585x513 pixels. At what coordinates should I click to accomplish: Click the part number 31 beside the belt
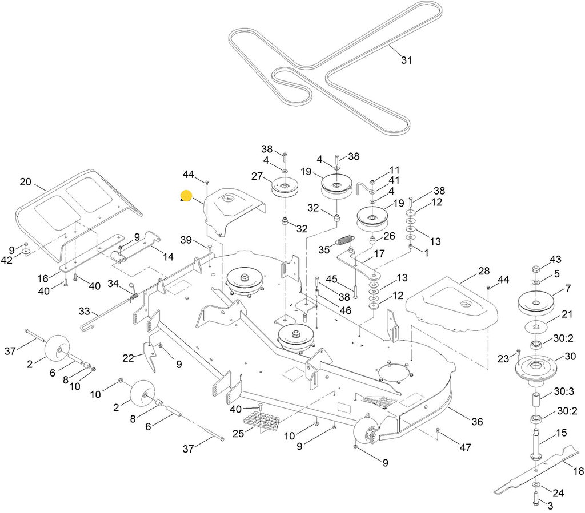tap(406, 60)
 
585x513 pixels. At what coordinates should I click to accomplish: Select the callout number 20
tap(25, 182)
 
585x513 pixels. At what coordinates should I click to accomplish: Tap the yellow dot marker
tap(186, 196)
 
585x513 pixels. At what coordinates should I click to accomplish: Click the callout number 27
tap(257, 177)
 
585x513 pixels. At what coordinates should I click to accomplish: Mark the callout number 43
tap(555, 260)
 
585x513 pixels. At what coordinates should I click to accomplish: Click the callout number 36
tap(477, 422)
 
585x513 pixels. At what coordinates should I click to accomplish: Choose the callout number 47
tap(465, 447)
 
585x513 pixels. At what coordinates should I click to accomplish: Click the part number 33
tap(84, 312)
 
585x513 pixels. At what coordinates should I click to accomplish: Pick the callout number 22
tap(128, 358)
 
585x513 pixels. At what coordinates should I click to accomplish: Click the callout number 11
tap(395, 170)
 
